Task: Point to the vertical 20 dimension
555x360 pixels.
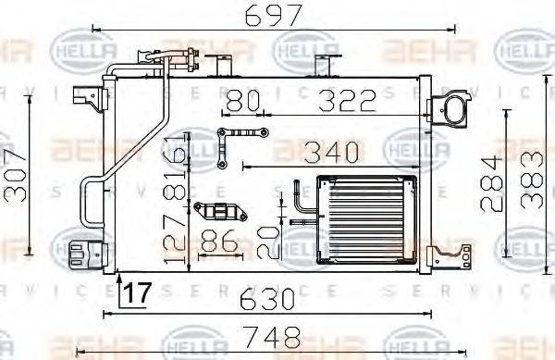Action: click(x=265, y=240)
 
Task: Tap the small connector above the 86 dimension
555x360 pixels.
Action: click(x=222, y=209)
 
